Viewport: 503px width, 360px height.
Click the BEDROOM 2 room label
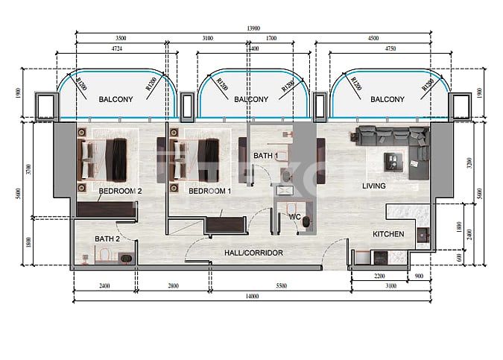tap(120, 191)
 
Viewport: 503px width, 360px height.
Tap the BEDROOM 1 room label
tap(209, 191)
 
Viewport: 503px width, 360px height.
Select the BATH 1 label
tap(265, 156)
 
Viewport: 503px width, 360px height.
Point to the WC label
tap(294, 217)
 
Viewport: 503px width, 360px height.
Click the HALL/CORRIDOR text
tap(253, 253)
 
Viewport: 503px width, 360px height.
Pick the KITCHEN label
tap(388, 234)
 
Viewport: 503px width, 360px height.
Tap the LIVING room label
tap(374, 186)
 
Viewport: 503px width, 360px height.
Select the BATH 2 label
tap(107, 239)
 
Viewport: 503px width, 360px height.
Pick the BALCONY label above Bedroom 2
tap(116, 99)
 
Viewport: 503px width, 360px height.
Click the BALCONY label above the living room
tap(387, 99)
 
